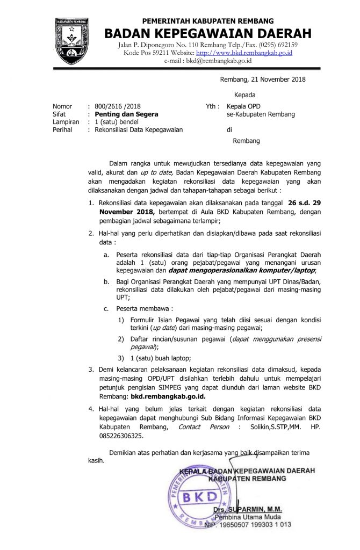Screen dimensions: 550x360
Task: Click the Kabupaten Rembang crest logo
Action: (x=69, y=40)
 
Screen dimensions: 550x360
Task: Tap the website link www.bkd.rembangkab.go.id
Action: (x=244, y=53)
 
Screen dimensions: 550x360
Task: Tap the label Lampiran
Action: (x=66, y=122)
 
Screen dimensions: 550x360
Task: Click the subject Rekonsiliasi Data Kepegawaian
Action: (x=138, y=130)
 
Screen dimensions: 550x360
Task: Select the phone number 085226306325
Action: (x=121, y=436)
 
